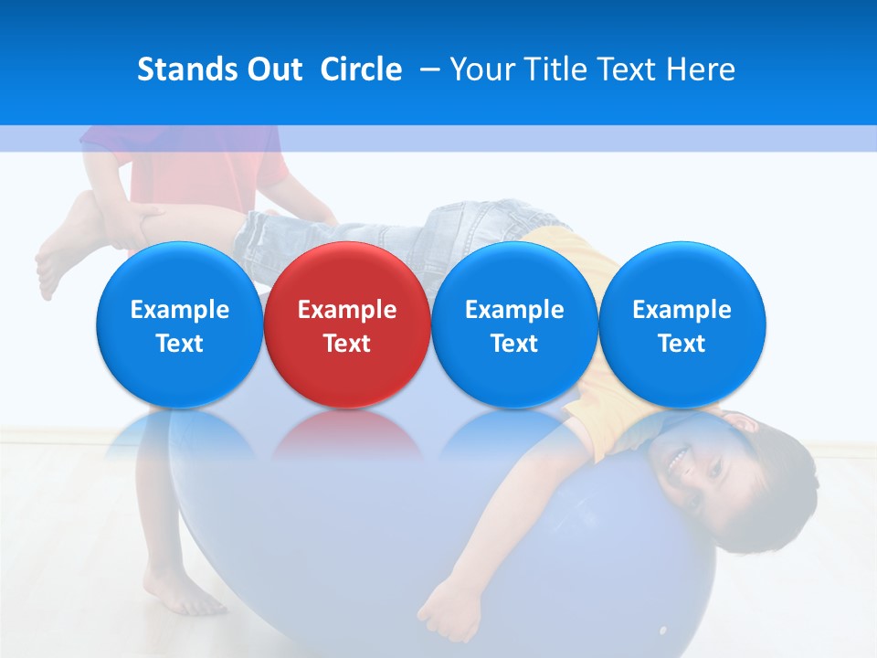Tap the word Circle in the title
pos(361,69)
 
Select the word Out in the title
pos(271,69)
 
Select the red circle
pos(347,325)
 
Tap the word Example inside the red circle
pos(347,310)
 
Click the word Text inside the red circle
pos(347,344)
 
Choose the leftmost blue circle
pos(179,325)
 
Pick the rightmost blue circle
pos(682,325)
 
